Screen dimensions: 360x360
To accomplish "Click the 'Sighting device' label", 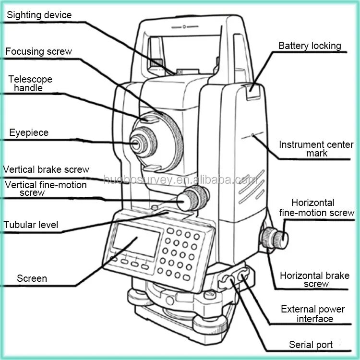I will (39, 15).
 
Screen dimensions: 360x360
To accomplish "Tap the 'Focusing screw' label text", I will (38, 51).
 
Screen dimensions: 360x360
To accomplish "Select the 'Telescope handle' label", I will (30, 84).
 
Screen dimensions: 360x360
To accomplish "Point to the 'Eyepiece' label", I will (29, 132).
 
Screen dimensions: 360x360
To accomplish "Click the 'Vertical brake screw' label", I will (46, 169).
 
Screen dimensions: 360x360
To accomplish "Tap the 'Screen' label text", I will (32, 278).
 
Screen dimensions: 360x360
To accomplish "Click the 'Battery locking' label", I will (310, 46).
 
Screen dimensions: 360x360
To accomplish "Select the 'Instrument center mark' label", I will (316, 149).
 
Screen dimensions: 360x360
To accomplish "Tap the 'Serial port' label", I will (311, 345).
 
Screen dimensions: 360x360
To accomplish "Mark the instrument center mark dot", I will (253, 136).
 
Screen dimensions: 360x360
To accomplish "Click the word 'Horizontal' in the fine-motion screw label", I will (313, 203).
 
